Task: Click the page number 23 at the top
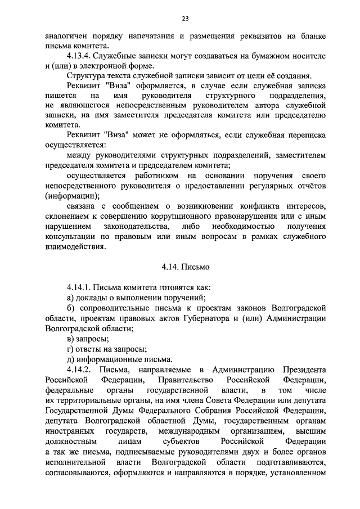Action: (184, 19)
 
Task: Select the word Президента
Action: (305, 370)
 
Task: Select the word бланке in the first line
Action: (312, 35)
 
